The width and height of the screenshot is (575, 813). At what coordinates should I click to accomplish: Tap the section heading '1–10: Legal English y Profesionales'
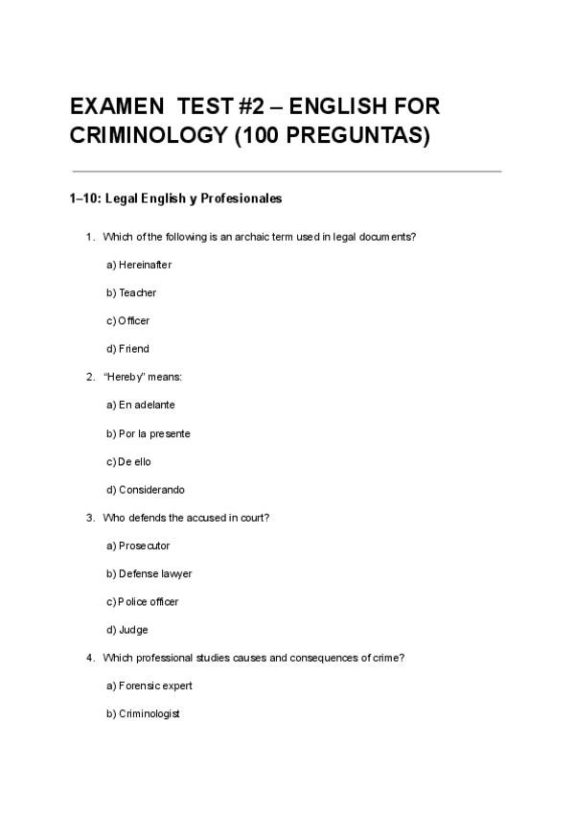(x=175, y=199)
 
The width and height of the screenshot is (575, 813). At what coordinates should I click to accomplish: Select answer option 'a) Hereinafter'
(x=139, y=265)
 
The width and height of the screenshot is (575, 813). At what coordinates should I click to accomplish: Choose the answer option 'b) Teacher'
(x=131, y=292)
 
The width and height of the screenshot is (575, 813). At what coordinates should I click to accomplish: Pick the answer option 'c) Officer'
(x=128, y=320)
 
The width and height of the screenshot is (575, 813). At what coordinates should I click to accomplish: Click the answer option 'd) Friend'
(x=127, y=349)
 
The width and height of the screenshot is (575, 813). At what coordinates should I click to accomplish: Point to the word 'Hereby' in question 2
(x=122, y=377)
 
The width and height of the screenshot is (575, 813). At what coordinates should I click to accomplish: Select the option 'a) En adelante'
(x=141, y=405)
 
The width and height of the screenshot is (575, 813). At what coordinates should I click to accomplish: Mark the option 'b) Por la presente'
(x=149, y=433)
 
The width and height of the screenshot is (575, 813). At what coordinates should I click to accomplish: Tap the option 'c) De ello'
(x=128, y=461)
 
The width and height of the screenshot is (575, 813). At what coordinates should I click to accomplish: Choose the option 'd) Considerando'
(x=146, y=490)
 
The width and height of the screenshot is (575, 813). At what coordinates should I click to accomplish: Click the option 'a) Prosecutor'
(x=138, y=546)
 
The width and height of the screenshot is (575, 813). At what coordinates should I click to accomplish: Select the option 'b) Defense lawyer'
(x=149, y=573)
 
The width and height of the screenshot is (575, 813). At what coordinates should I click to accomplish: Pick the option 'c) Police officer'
(x=143, y=602)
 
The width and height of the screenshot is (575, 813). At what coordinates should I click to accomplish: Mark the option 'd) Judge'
(x=127, y=630)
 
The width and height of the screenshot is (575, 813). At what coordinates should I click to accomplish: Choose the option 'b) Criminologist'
(x=144, y=714)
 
